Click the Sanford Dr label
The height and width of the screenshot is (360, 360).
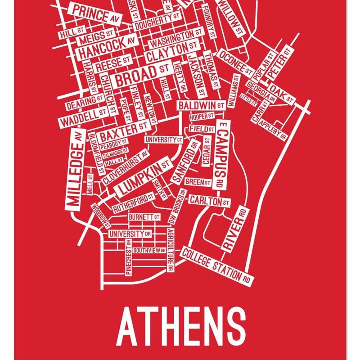185,162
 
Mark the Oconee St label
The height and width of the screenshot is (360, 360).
235,62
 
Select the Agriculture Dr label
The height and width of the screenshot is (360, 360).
170,250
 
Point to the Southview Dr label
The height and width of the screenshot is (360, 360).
149,250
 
